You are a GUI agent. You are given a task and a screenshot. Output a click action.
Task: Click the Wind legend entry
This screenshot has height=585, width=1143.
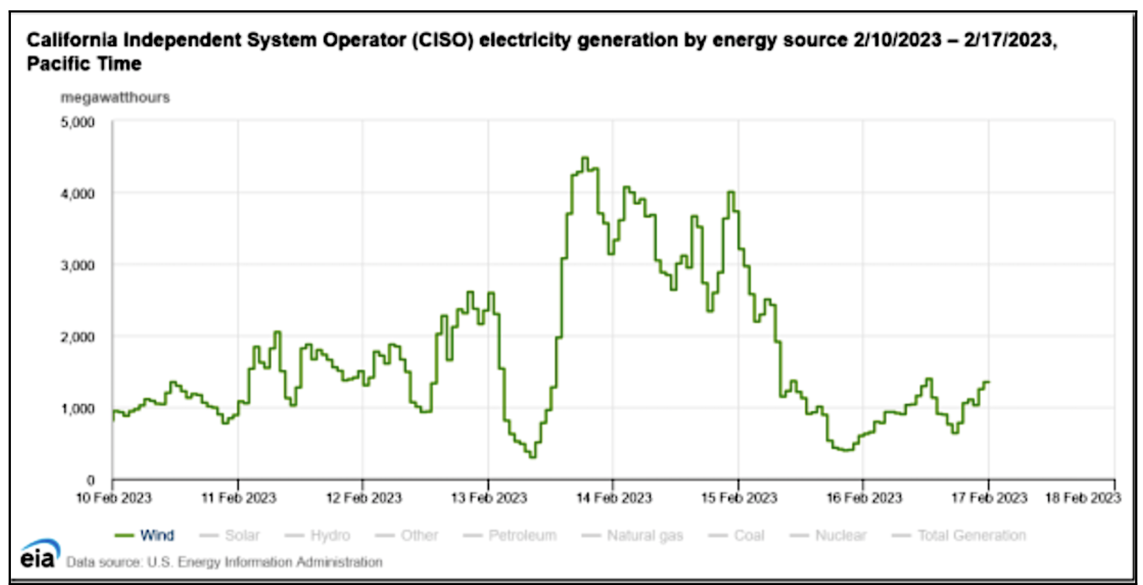pyautogui.click(x=144, y=535)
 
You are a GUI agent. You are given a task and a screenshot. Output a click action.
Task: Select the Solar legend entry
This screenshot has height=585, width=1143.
pyautogui.click(x=229, y=535)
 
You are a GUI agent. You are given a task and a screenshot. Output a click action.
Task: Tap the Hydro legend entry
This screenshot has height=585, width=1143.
pyautogui.click(x=317, y=535)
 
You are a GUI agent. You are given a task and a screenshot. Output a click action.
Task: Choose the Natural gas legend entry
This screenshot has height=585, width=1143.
pyautogui.click(x=632, y=535)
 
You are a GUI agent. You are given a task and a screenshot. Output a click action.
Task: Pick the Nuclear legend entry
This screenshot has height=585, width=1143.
pyautogui.click(x=828, y=535)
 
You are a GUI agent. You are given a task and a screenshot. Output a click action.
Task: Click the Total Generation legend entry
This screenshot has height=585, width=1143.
pyautogui.click(x=959, y=535)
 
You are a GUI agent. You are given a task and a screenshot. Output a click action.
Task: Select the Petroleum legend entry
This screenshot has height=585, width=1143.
pyautogui.click(x=510, y=535)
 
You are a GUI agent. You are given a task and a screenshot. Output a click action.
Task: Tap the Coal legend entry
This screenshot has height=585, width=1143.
pyautogui.click(x=736, y=535)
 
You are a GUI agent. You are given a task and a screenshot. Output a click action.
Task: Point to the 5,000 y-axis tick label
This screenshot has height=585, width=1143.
pyautogui.click(x=78, y=122)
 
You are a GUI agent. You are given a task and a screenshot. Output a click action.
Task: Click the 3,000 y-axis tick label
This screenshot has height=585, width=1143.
pyautogui.click(x=78, y=265)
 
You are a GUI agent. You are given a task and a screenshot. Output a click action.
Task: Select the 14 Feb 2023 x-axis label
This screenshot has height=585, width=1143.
pyautogui.click(x=614, y=498)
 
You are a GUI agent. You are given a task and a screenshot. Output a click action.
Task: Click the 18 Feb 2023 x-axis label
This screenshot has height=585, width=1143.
pyautogui.click(x=1083, y=498)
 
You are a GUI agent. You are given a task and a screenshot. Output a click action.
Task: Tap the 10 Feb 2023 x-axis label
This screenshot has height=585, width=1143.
pyautogui.click(x=113, y=498)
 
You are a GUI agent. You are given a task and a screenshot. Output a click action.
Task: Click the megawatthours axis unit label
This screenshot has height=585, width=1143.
pyautogui.click(x=115, y=97)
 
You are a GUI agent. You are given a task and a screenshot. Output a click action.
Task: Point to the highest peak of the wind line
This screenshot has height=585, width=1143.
pyautogui.click(x=585, y=158)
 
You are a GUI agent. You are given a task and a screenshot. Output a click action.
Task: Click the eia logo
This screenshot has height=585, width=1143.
pyautogui.click(x=40, y=553)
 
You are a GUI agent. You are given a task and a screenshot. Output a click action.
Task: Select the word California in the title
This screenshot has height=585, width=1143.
pyautogui.click(x=72, y=40)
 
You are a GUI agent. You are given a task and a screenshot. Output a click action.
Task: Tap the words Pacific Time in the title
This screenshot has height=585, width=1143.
pyautogui.click(x=84, y=64)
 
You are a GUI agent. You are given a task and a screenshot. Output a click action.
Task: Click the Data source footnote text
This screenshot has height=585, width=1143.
pyautogui.click(x=224, y=562)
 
